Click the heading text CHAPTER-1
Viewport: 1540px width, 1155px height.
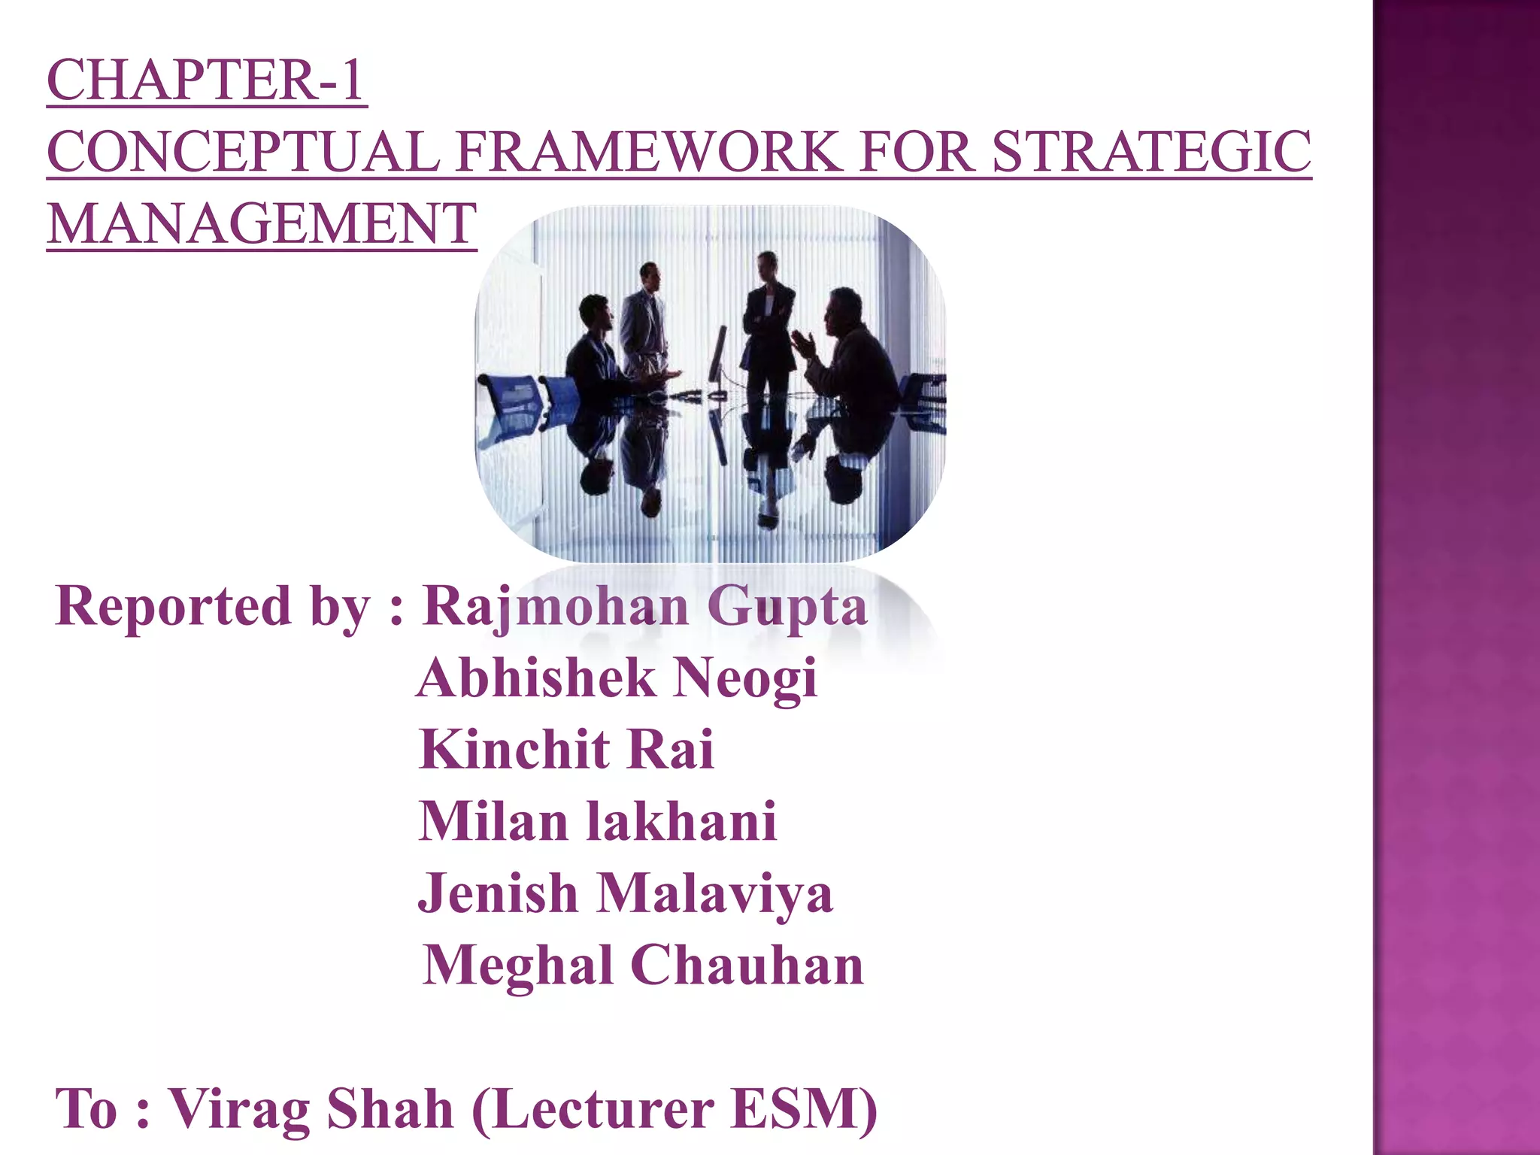(x=207, y=80)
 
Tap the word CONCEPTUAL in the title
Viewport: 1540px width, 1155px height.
(x=243, y=153)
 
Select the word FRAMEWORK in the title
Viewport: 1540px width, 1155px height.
(x=647, y=153)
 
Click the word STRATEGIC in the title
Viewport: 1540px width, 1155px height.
(x=1151, y=153)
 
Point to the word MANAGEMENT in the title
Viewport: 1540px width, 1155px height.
(x=262, y=224)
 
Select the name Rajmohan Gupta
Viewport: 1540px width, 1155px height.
(x=645, y=607)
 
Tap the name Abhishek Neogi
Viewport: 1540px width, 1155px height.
(x=617, y=678)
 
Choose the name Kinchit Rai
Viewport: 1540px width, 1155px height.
(x=566, y=750)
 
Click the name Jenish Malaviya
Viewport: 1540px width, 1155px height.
(x=625, y=893)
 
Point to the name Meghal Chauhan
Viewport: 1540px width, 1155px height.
(x=643, y=966)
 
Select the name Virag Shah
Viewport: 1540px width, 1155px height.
(x=311, y=1108)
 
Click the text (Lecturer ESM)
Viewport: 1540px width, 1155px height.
(x=675, y=1108)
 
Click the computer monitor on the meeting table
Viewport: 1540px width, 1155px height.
(x=719, y=357)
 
